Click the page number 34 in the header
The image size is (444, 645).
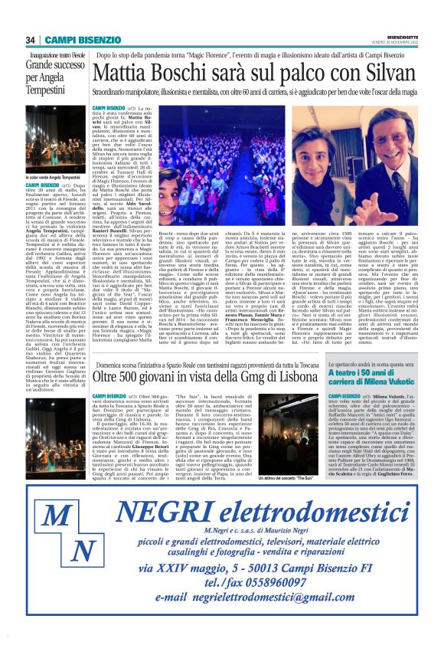[30, 41]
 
